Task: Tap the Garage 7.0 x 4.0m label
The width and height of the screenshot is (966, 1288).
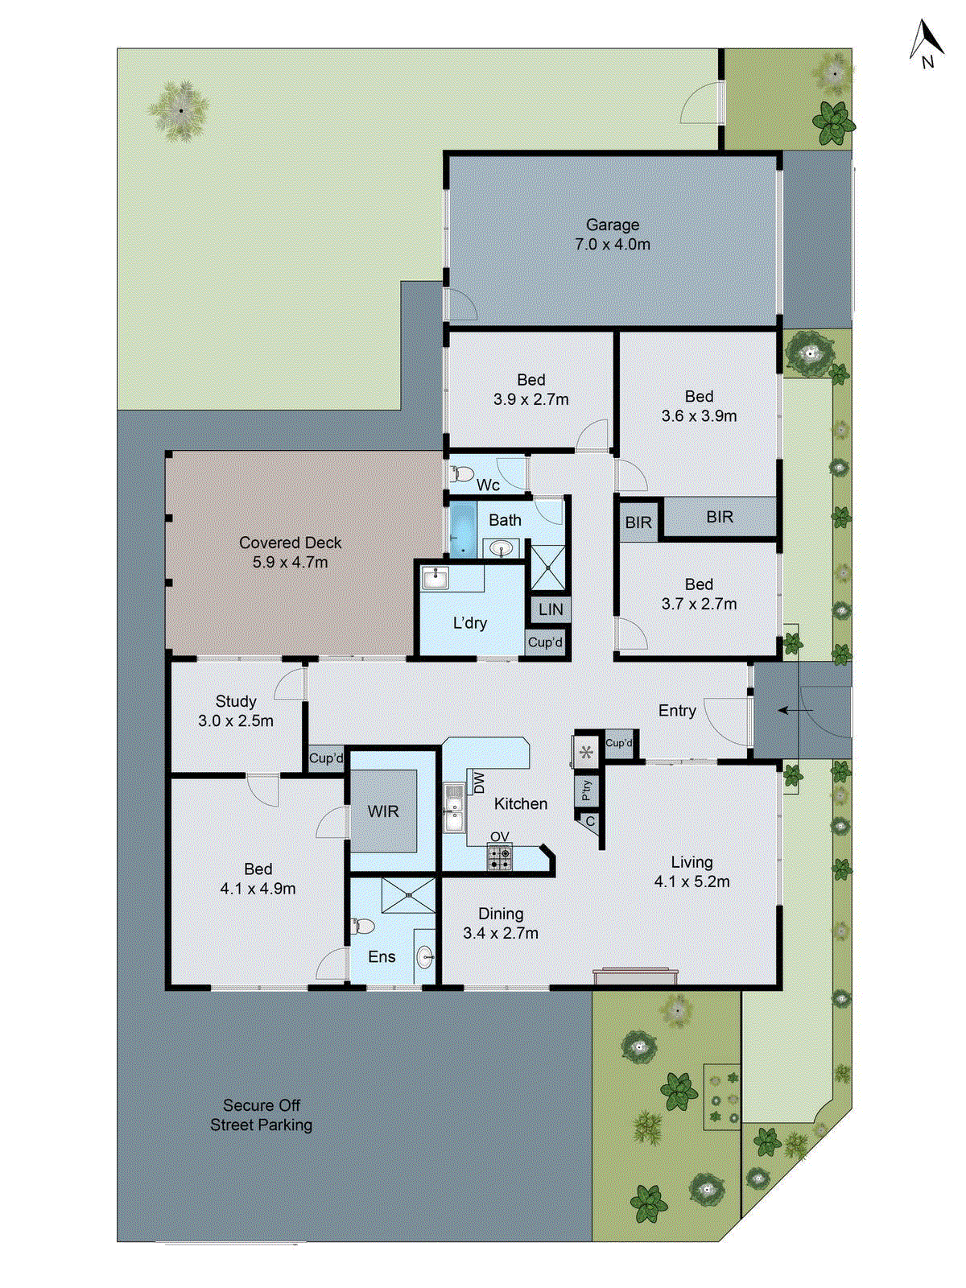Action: click(613, 235)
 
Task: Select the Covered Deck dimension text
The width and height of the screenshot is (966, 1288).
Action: click(290, 563)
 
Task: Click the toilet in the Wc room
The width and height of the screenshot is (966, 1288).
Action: click(462, 474)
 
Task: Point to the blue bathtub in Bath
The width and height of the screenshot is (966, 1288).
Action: click(463, 530)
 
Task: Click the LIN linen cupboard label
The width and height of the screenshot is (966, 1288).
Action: click(551, 609)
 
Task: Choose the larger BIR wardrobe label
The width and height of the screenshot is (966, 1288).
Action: click(720, 517)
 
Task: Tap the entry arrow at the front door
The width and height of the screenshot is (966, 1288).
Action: click(793, 711)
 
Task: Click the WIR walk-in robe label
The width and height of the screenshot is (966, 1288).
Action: click(383, 811)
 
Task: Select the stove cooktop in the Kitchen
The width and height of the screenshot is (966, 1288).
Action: click(499, 857)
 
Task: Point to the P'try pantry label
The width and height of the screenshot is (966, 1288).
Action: click(586, 790)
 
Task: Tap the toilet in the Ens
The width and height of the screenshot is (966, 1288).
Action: click(363, 926)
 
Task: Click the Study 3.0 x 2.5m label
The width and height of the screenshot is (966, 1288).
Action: click(236, 711)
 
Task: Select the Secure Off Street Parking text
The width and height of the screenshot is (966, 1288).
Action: click(261, 1115)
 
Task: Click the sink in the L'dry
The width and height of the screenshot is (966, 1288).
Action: click(436, 577)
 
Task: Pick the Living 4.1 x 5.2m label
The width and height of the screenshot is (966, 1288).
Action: click(691, 872)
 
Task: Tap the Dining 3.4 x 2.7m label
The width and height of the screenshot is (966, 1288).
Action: click(501, 923)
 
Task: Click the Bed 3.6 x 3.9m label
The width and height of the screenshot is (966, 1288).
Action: click(699, 407)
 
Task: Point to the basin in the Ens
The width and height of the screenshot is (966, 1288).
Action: click(425, 958)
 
